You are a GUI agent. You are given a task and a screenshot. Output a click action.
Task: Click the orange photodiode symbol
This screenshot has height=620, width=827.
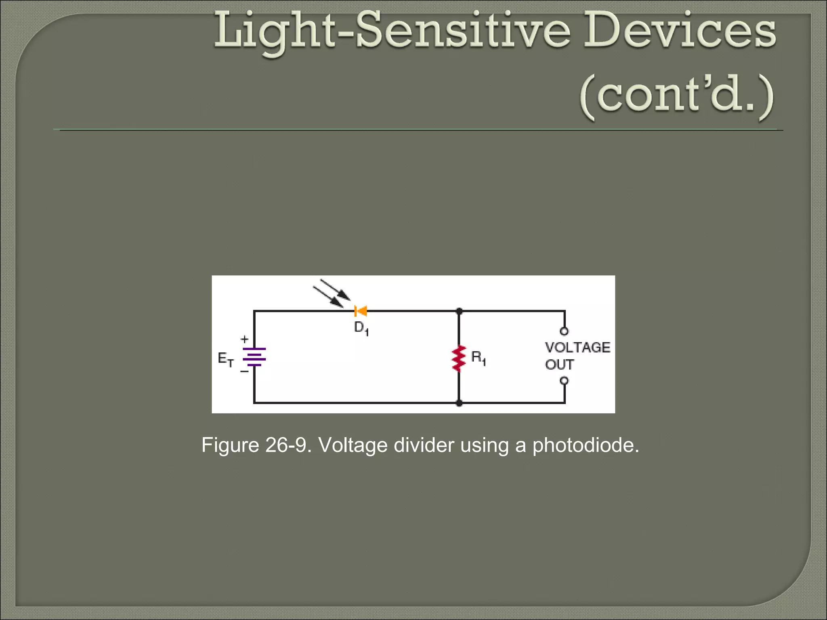pos(360,311)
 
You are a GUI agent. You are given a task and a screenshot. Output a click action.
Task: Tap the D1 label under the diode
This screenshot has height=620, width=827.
pos(361,329)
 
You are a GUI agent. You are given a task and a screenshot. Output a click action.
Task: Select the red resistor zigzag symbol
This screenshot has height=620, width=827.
pos(459,358)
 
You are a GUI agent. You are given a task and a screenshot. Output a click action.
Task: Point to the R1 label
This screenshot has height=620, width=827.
pos(479,358)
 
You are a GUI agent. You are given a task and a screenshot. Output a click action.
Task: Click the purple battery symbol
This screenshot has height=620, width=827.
pos(254,357)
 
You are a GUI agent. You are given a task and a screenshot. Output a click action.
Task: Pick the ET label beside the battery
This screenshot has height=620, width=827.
pos(225,359)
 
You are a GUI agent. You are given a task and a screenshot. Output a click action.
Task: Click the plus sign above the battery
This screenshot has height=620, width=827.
pos(245,339)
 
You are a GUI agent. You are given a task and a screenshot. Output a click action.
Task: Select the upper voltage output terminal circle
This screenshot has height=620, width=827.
pos(564,331)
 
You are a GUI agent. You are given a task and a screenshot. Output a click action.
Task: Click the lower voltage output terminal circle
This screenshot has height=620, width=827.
pos(564,381)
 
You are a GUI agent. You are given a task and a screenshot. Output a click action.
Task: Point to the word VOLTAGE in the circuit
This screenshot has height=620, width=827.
pos(577,348)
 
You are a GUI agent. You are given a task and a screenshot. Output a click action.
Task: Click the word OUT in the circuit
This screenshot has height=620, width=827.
pos(559,364)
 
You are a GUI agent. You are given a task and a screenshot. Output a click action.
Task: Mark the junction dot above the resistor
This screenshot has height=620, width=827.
pos(459,311)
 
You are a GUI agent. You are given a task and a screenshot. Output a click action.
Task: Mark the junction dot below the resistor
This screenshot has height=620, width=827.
pos(459,403)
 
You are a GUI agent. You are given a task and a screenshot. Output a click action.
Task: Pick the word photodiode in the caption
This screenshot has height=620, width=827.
pos(586,445)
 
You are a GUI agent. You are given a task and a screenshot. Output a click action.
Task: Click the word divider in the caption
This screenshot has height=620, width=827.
pos(424,445)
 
